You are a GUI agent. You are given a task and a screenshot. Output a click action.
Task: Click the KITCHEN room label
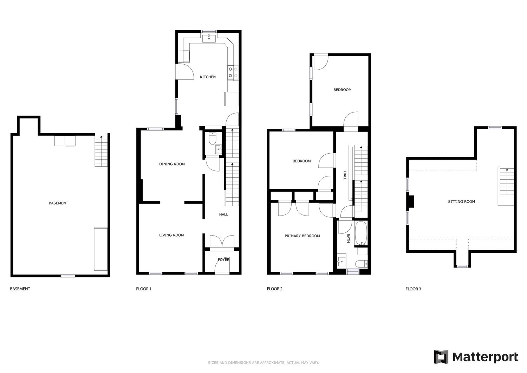208,77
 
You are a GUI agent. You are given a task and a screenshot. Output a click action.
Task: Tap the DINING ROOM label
172,164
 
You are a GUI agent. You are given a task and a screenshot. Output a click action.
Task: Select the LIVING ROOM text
171,235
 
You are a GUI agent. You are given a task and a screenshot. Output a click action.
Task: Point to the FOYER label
223,259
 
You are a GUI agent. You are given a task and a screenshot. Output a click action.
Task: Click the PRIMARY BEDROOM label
302,236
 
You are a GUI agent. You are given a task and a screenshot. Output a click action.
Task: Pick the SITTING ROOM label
461,201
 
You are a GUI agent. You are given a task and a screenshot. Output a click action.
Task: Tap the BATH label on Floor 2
348,238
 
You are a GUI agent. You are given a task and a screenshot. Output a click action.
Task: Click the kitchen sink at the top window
209,38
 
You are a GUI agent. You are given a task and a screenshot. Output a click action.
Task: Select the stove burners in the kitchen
233,72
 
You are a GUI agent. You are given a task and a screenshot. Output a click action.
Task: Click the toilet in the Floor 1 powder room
212,139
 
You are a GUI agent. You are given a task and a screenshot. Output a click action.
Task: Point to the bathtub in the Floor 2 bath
361,233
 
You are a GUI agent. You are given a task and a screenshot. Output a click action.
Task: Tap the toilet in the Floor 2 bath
362,264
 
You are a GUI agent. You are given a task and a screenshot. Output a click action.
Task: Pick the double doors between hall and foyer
222,242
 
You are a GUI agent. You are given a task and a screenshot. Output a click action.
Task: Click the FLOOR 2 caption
274,289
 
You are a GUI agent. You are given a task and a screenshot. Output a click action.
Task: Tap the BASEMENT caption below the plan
20,289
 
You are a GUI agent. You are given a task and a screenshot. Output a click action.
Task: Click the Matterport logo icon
441,357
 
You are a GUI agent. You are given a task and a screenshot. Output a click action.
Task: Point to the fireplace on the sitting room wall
411,201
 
